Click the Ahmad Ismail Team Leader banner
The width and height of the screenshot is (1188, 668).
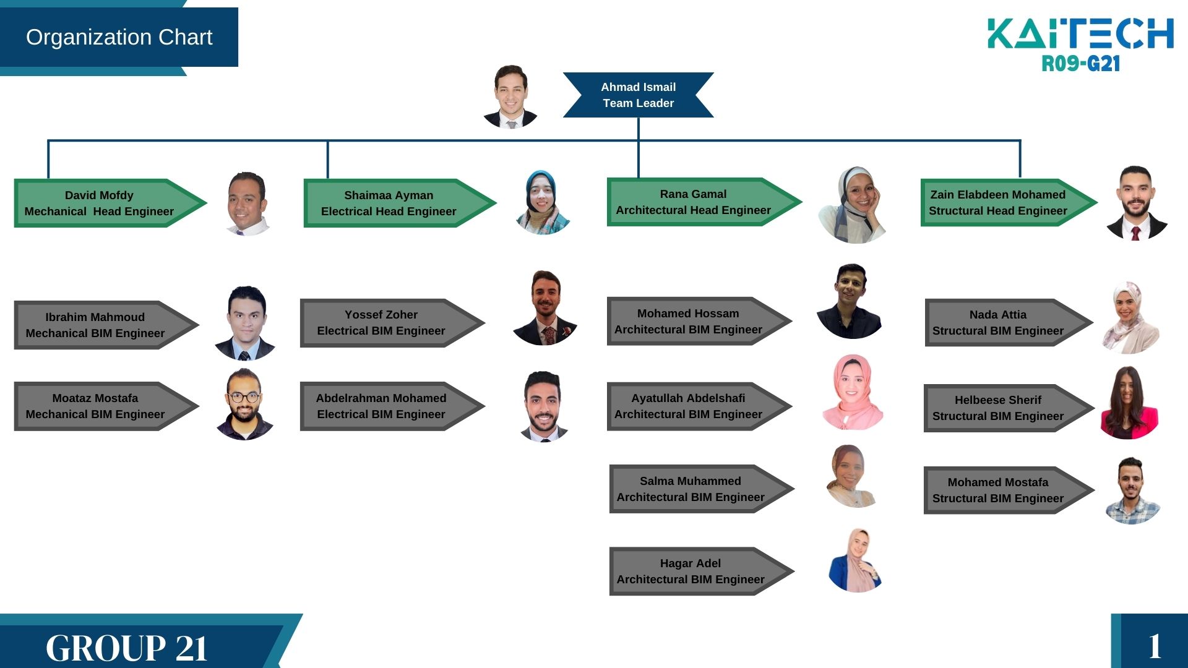638,95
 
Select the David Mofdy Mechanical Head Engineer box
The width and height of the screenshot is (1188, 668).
99,203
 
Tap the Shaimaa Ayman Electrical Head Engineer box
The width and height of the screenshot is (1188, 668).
389,203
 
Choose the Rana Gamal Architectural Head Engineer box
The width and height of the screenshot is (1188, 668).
693,202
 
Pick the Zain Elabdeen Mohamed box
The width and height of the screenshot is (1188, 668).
997,203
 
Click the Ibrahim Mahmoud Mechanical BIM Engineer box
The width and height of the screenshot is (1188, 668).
95,325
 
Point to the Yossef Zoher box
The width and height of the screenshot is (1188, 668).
381,323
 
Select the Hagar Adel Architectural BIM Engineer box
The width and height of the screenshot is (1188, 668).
691,572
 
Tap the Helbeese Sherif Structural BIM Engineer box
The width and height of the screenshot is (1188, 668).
997,408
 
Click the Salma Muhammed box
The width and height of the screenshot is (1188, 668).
691,489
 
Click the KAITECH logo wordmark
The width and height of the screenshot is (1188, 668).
1080,33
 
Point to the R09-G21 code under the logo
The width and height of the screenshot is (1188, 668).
1080,64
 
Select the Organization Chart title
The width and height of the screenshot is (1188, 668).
119,37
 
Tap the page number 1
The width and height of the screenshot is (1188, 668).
1155,646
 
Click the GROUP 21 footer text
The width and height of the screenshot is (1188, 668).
127,648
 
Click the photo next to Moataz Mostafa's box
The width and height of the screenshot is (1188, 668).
244,405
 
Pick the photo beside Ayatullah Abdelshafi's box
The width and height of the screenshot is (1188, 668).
853,392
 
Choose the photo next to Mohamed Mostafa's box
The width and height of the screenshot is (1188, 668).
1132,491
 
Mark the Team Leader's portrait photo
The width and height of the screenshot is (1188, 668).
510,96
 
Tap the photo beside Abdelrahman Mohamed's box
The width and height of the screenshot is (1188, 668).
544,406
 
